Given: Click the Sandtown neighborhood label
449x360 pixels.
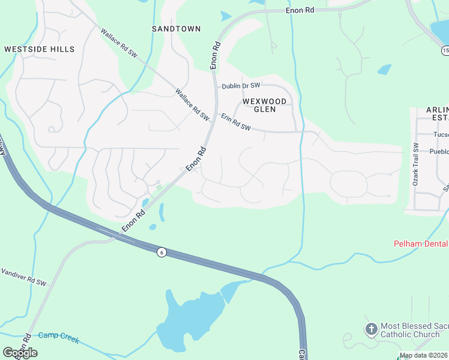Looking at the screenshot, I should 176,29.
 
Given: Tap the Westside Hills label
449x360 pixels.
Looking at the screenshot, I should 39,49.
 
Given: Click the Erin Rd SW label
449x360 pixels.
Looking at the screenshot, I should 235,122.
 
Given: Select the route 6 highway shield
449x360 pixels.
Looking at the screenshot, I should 161,252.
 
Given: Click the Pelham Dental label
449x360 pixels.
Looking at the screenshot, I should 421,244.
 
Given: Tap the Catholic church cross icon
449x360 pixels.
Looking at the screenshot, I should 371,329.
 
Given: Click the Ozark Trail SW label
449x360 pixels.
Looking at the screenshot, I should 415,164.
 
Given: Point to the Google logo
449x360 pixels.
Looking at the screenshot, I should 20,353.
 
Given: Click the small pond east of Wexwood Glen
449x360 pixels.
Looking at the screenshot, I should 384,70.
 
